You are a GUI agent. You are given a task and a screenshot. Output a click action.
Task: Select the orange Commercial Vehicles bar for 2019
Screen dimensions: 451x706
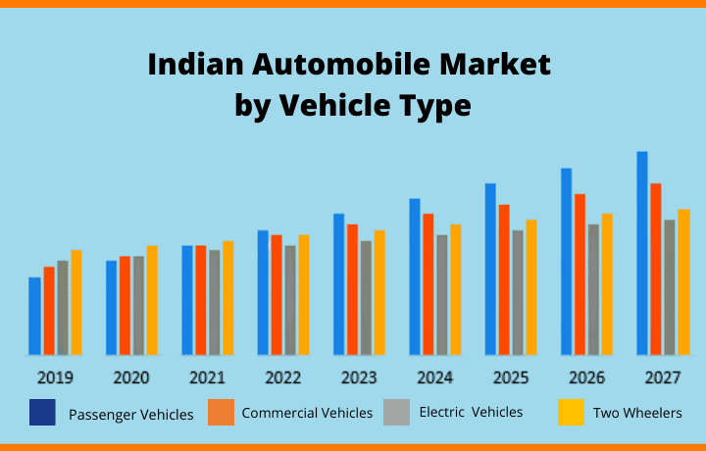[49, 310]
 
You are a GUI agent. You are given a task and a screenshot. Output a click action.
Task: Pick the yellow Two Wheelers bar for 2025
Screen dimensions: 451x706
[531, 286]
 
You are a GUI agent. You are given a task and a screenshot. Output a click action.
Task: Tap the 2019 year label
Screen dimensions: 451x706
[55, 377]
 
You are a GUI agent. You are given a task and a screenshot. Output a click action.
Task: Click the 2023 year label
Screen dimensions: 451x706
[359, 377]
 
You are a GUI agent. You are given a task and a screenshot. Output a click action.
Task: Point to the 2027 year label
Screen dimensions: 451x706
[663, 377]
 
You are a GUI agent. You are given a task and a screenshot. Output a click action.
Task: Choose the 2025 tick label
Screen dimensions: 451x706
[511, 377]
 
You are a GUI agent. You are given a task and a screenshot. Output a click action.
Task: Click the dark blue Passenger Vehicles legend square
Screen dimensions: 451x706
[42, 412]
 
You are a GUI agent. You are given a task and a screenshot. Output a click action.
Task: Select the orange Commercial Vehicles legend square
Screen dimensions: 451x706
[221, 412]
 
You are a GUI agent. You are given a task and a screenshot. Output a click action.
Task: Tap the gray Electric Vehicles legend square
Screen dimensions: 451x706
[396, 412]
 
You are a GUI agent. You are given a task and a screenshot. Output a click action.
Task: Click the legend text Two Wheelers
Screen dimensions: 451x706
[637, 413]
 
